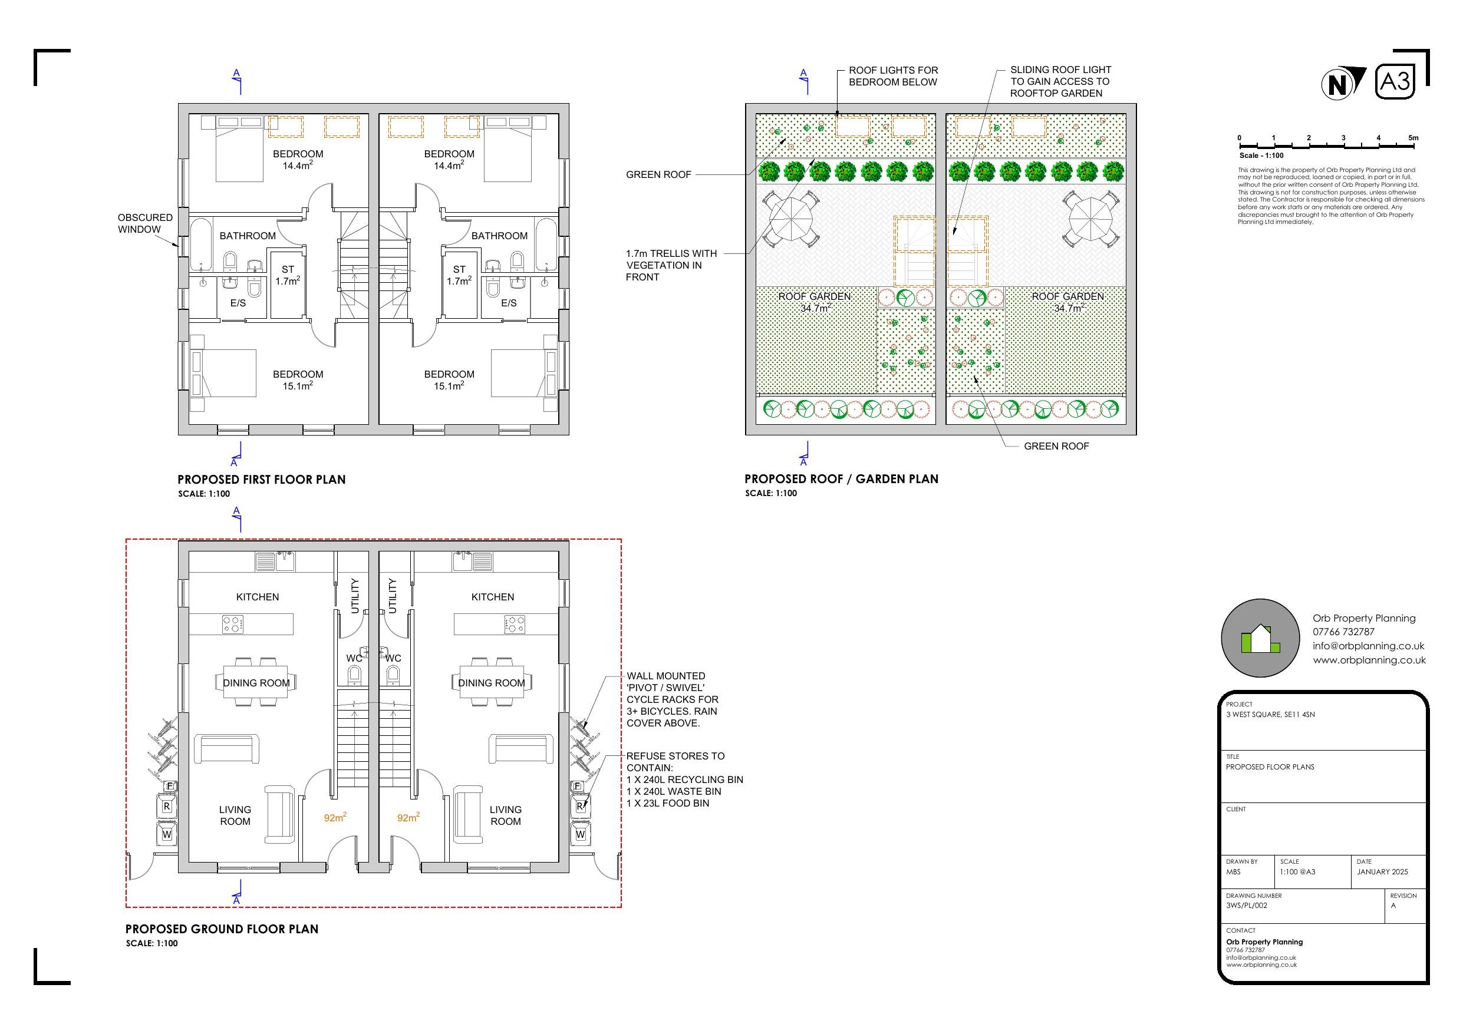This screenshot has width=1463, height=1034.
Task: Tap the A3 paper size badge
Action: [1395, 81]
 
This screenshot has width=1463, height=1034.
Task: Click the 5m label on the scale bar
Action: [1413, 138]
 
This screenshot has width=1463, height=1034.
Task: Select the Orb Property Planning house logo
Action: [1260, 637]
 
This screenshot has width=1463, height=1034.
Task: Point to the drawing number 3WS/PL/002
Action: [1246, 906]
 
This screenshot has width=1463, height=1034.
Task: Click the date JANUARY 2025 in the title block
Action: [1382, 871]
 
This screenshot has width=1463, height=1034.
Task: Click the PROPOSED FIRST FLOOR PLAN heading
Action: [261, 480]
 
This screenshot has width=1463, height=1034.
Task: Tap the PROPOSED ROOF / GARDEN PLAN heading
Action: [841, 479]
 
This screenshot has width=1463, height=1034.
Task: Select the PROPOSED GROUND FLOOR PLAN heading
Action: [222, 929]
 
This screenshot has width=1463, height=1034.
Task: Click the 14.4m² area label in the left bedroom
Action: [298, 165]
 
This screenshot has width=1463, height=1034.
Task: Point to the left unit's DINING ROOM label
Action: [256, 683]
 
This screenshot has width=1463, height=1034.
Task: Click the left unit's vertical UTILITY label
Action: [355, 596]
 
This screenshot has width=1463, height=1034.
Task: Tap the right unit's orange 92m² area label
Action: [408, 817]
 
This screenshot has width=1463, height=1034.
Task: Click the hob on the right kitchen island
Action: [514, 625]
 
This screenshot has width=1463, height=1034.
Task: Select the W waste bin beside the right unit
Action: [580, 833]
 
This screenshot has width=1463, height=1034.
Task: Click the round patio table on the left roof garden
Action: [791, 219]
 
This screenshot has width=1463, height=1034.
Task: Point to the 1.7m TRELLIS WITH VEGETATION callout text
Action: [671, 265]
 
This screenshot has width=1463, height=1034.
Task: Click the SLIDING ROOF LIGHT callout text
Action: [1060, 81]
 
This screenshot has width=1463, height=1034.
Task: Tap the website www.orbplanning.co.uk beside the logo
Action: [1369, 660]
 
